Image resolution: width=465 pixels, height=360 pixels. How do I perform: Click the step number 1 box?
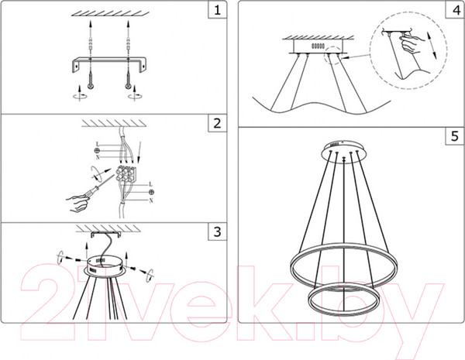pos(217,10)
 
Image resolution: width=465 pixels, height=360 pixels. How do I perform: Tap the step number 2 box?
pos(217,123)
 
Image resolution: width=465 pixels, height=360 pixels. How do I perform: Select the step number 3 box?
pos(217,231)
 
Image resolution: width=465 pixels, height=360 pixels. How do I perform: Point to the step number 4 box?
pos(455,10)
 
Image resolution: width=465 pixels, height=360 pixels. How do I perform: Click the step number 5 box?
pos(455,136)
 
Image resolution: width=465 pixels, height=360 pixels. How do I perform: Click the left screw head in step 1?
pos(91,86)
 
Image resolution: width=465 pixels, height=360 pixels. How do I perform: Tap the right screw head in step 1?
pos(128,86)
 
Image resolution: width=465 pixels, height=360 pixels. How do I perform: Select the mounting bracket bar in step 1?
pos(110,63)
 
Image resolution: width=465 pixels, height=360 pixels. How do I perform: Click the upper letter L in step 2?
pos(98,144)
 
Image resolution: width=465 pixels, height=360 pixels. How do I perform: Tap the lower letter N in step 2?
pos(151,201)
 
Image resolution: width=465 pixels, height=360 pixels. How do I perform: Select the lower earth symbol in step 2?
pos(151,192)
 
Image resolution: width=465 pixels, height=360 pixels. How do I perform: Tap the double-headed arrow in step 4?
pos(432,45)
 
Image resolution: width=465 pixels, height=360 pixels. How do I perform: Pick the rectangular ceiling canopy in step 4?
pos(319,46)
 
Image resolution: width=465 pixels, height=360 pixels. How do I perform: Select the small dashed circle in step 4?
pos(333,55)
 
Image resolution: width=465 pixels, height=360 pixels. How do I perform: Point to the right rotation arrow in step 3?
pos(150,275)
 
